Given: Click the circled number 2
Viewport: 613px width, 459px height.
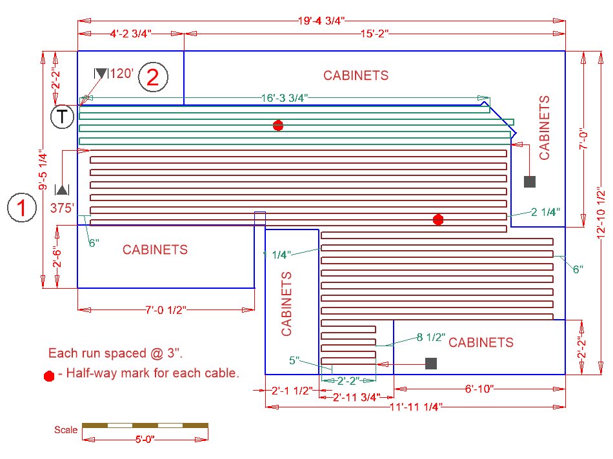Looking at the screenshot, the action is click(x=153, y=77).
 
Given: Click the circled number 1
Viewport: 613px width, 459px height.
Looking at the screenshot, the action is click(x=22, y=208).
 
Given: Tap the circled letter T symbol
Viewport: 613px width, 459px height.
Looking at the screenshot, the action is click(x=62, y=117).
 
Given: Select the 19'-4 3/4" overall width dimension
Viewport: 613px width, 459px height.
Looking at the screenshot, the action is click(x=321, y=21).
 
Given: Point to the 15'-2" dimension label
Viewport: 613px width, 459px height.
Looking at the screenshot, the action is click(x=374, y=34).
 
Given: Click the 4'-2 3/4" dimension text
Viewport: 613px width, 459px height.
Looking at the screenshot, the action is click(x=130, y=34).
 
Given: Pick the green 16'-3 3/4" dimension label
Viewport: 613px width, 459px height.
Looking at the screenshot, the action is click(x=285, y=97).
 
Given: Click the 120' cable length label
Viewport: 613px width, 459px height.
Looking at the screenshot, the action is click(x=121, y=73).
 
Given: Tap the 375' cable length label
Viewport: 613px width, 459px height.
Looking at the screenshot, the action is click(x=62, y=208).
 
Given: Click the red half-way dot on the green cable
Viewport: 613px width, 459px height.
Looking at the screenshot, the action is click(x=278, y=126).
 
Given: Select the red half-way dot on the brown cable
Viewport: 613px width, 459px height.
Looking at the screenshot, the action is click(x=438, y=220).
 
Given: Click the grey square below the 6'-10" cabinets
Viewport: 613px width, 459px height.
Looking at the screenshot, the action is click(x=431, y=364).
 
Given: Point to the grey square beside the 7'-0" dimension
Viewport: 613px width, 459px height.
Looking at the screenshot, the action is click(x=530, y=182).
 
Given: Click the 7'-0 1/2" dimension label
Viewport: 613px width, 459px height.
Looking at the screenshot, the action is click(x=166, y=310).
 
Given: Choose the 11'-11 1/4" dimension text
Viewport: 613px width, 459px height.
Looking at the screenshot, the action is click(x=416, y=407).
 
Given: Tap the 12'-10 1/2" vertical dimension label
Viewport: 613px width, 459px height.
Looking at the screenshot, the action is click(x=601, y=213).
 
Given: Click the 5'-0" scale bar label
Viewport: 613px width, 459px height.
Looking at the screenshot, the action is click(x=145, y=440).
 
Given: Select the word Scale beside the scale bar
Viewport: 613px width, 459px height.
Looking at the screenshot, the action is click(x=66, y=430).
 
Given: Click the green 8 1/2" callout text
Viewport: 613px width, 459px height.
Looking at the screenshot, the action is click(x=431, y=337).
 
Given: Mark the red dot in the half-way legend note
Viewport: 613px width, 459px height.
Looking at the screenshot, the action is click(x=49, y=376).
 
